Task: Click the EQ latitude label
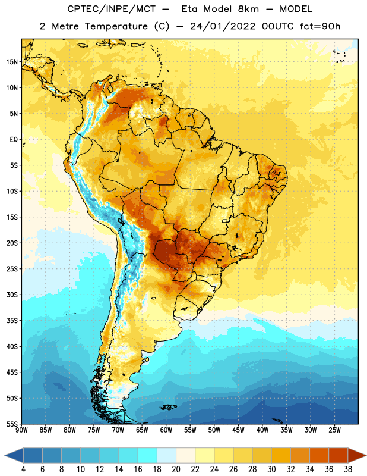coord(14,140)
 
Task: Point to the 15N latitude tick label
coord(12,62)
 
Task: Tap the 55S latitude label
coord(12,424)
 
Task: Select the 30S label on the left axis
coord(12,295)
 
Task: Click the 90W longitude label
coord(21,430)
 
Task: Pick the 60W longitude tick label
coord(166,430)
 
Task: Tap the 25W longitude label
coord(334,430)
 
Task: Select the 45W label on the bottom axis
coord(238,430)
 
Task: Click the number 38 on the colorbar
coord(348,469)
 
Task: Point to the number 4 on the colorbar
coord(23,469)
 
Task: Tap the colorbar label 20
coord(176,469)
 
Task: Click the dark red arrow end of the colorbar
coord(357,455)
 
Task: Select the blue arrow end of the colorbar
coord(14,455)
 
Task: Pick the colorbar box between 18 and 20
coord(166,455)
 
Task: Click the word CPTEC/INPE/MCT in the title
coord(111,9)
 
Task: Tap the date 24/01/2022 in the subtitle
coord(223,26)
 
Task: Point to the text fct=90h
coord(320,26)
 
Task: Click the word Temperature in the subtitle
coord(116,26)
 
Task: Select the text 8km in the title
coord(248,9)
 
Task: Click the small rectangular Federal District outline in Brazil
coord(225,221)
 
